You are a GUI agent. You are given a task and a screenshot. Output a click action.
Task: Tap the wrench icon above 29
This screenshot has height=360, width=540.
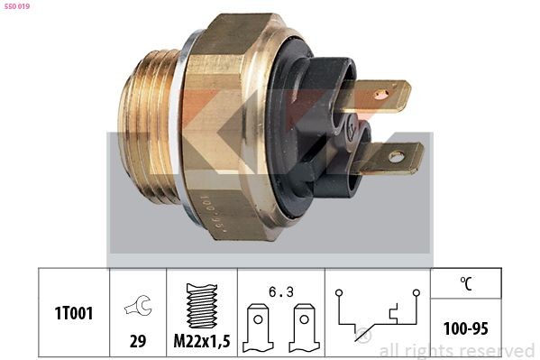point(138,307)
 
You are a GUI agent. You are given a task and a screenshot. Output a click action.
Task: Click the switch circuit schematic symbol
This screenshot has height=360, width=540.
point(378,312)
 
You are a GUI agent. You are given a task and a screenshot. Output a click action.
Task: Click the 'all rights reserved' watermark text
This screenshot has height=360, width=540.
point(456,350)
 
